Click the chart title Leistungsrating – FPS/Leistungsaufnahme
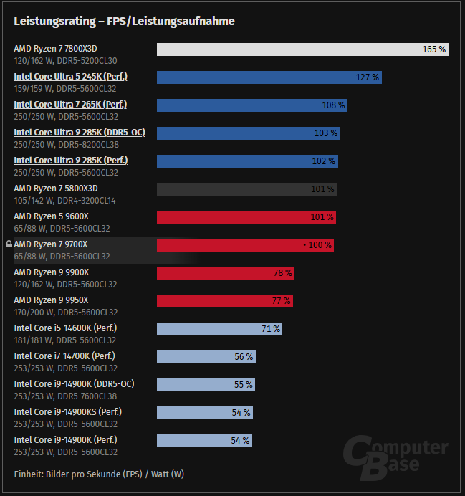pos(124,22)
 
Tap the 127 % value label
pos(368,77)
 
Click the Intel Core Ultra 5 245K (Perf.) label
pos(75,77)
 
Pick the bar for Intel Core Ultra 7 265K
pos(251,105)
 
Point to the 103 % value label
pos(325,133)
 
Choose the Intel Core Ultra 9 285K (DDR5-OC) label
pos(80,133)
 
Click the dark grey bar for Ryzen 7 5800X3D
pos(246,189)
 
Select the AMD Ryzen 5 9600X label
pos(51,216)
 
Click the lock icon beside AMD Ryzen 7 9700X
pos(9,244)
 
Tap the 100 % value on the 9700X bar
pos(319,245)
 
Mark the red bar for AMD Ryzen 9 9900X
pos(225,273)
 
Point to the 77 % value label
pos(281,301)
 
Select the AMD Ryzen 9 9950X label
pos(51,300)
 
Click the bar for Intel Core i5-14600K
pos(219,329)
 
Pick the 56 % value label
pos(244,357)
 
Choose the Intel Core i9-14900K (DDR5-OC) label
pos(74,384)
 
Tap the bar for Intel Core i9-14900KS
pos(204,413)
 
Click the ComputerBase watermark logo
pos(394,458)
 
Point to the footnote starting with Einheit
pos(99,474)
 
